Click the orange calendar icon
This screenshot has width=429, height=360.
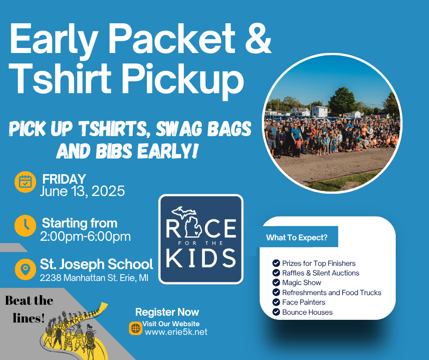(25, 182)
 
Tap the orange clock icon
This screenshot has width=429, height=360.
(25, 226)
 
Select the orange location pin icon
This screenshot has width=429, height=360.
(25, 270)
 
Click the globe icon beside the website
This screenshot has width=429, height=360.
(136, 328)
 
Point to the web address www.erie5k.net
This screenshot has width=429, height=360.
(176, 332)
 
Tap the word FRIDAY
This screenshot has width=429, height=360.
(64, 179)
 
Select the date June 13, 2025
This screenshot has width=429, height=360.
(82, 191)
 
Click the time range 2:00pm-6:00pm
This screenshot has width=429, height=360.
(85, 237)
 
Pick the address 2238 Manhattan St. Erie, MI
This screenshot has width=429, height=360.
(94, 278)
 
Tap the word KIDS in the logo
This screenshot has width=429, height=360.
(201, 258)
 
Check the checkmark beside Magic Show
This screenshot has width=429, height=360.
(276, 282)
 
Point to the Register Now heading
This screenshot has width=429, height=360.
(167, 312)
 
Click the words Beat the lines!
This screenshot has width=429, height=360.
(29, 309)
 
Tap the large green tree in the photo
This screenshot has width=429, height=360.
(341, 101)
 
